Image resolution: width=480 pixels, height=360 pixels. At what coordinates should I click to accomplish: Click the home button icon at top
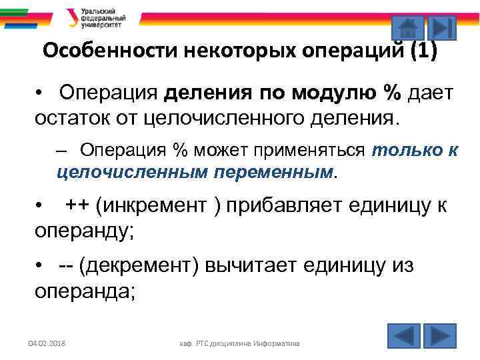click(407, 27)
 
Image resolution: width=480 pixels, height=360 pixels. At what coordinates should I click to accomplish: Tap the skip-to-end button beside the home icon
click(441, 27)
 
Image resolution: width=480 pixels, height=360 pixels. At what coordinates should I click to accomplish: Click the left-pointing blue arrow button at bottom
click(404, 335)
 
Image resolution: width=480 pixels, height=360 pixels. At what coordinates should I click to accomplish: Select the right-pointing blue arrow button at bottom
click(440, 335)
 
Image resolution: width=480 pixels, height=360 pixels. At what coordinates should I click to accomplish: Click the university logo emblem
click(71, 18)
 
